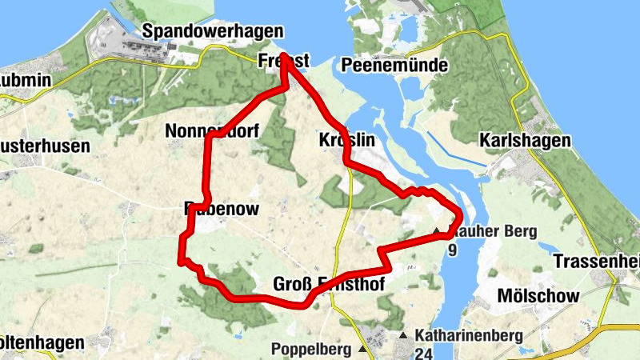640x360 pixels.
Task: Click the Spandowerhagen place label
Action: coord(212,31)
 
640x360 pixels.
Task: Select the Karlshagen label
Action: coord(525,141)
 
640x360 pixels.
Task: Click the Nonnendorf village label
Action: coord(211,130)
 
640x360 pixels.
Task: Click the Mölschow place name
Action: coord(538,296)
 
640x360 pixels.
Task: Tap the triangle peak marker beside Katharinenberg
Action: coord(404,336)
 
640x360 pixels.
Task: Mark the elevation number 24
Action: coord(422,352)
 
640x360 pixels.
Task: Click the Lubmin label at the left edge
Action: coord(26,81)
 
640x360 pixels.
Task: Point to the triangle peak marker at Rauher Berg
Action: coord(437,232)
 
